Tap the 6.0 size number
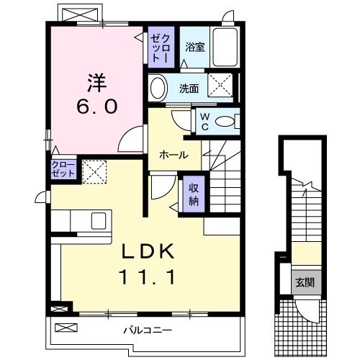coord(97,106)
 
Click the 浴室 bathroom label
coord(194,48)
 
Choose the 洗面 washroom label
coord(189,89)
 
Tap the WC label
coord(204,120)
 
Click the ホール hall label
coord(174,155)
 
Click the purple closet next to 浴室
coord(160,48)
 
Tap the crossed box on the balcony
coord(65,328)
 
